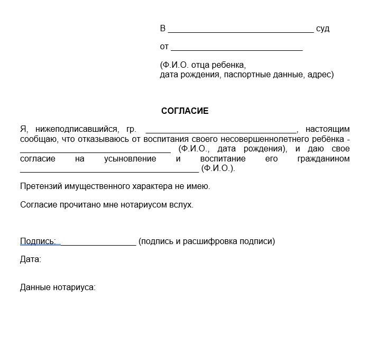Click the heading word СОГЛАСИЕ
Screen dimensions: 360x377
[185, 111]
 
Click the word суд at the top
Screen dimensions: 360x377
[323, 29]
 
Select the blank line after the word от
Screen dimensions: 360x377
[236, 49]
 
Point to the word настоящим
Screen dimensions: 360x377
[327, 129]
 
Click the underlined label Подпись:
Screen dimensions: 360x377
[38, 241]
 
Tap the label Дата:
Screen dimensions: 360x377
[31, 259]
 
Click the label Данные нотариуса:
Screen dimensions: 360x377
[58, 287]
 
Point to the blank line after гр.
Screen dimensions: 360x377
[221, 131]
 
